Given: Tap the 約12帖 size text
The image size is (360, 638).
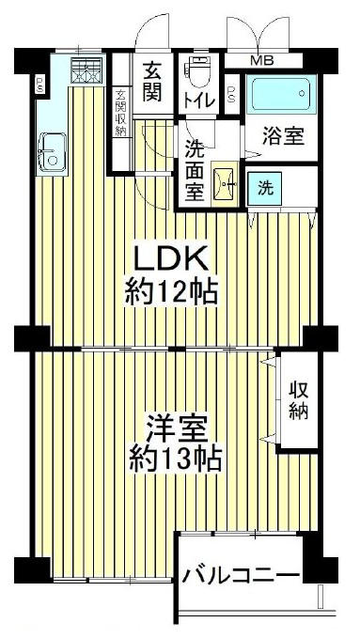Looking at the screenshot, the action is click(x=171, y=292).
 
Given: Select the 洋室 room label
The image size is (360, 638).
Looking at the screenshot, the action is click(x=176, y=428).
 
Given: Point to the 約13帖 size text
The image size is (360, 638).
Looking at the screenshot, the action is click(x=175, y=459).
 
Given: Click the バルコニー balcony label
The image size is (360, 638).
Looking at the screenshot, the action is click(x=241, y=576).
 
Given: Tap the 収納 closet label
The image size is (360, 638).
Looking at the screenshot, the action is click(x=299, y=401).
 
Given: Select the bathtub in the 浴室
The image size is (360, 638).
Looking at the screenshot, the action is click(x=281, y=94).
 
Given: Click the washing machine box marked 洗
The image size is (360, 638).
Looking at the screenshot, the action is click(x=265, y=189).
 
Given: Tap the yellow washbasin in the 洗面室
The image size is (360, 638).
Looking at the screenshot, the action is click(x=225, y=184).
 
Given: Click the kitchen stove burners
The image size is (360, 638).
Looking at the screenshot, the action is click(x=86, y=70).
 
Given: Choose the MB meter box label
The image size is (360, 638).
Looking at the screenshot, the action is click(x=262, y=61).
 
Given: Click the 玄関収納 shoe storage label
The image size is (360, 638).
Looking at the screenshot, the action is click(x=120, y=113).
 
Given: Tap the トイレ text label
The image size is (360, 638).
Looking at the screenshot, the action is click(x=199, y=101).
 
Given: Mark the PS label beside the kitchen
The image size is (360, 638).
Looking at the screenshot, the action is click(x=39, y=86).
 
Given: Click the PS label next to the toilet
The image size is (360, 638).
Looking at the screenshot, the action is click(x=231, y=94).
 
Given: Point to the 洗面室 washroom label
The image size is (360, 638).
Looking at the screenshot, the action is click(x=195, y=170).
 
